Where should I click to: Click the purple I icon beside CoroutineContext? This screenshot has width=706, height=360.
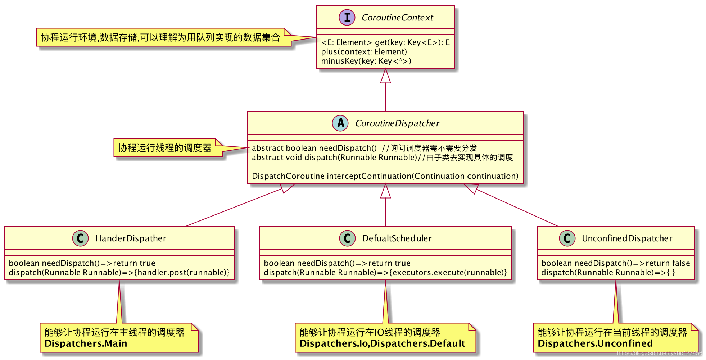point(347,17)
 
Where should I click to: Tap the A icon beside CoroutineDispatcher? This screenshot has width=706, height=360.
point(340,123)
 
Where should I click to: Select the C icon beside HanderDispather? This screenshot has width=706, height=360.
point(80,238)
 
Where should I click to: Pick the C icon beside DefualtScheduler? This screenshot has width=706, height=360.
point(347,238)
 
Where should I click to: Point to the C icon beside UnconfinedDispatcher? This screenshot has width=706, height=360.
point(567,238)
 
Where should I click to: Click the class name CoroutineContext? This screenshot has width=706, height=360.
point(397,18)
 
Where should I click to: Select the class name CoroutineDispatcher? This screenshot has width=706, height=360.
point(397,123)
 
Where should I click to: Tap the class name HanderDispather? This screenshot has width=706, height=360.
point(131,238)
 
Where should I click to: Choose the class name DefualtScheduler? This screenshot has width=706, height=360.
point(397,238)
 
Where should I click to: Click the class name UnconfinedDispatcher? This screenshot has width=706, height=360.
point(627,238)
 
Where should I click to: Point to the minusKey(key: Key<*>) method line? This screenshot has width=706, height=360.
point(366,61)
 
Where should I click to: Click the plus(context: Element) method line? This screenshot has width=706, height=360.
point(364,52)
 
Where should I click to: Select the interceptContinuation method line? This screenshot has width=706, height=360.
point(385,176)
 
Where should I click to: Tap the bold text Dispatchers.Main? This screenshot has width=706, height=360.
point(86,343)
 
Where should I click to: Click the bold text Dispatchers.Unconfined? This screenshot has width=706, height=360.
point(595,343)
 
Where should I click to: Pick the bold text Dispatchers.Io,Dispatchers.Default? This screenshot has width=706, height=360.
point(382,343)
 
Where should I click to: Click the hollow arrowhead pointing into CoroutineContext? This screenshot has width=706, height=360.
point(385,76)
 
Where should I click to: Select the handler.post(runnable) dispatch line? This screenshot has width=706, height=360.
point(119,273)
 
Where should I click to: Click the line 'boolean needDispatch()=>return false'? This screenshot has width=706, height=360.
point(616,263)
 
